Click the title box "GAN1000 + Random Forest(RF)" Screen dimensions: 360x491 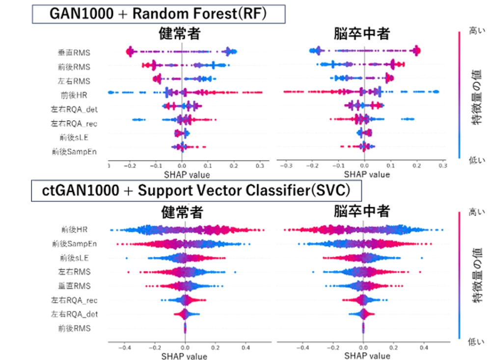point(158,13)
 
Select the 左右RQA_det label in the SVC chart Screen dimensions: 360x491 point(74,313)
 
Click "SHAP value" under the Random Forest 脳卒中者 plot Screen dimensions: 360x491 point(364,174)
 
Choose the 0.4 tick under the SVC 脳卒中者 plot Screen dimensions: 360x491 point(422,347)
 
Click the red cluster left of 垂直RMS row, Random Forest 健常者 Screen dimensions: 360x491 point(130,52)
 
